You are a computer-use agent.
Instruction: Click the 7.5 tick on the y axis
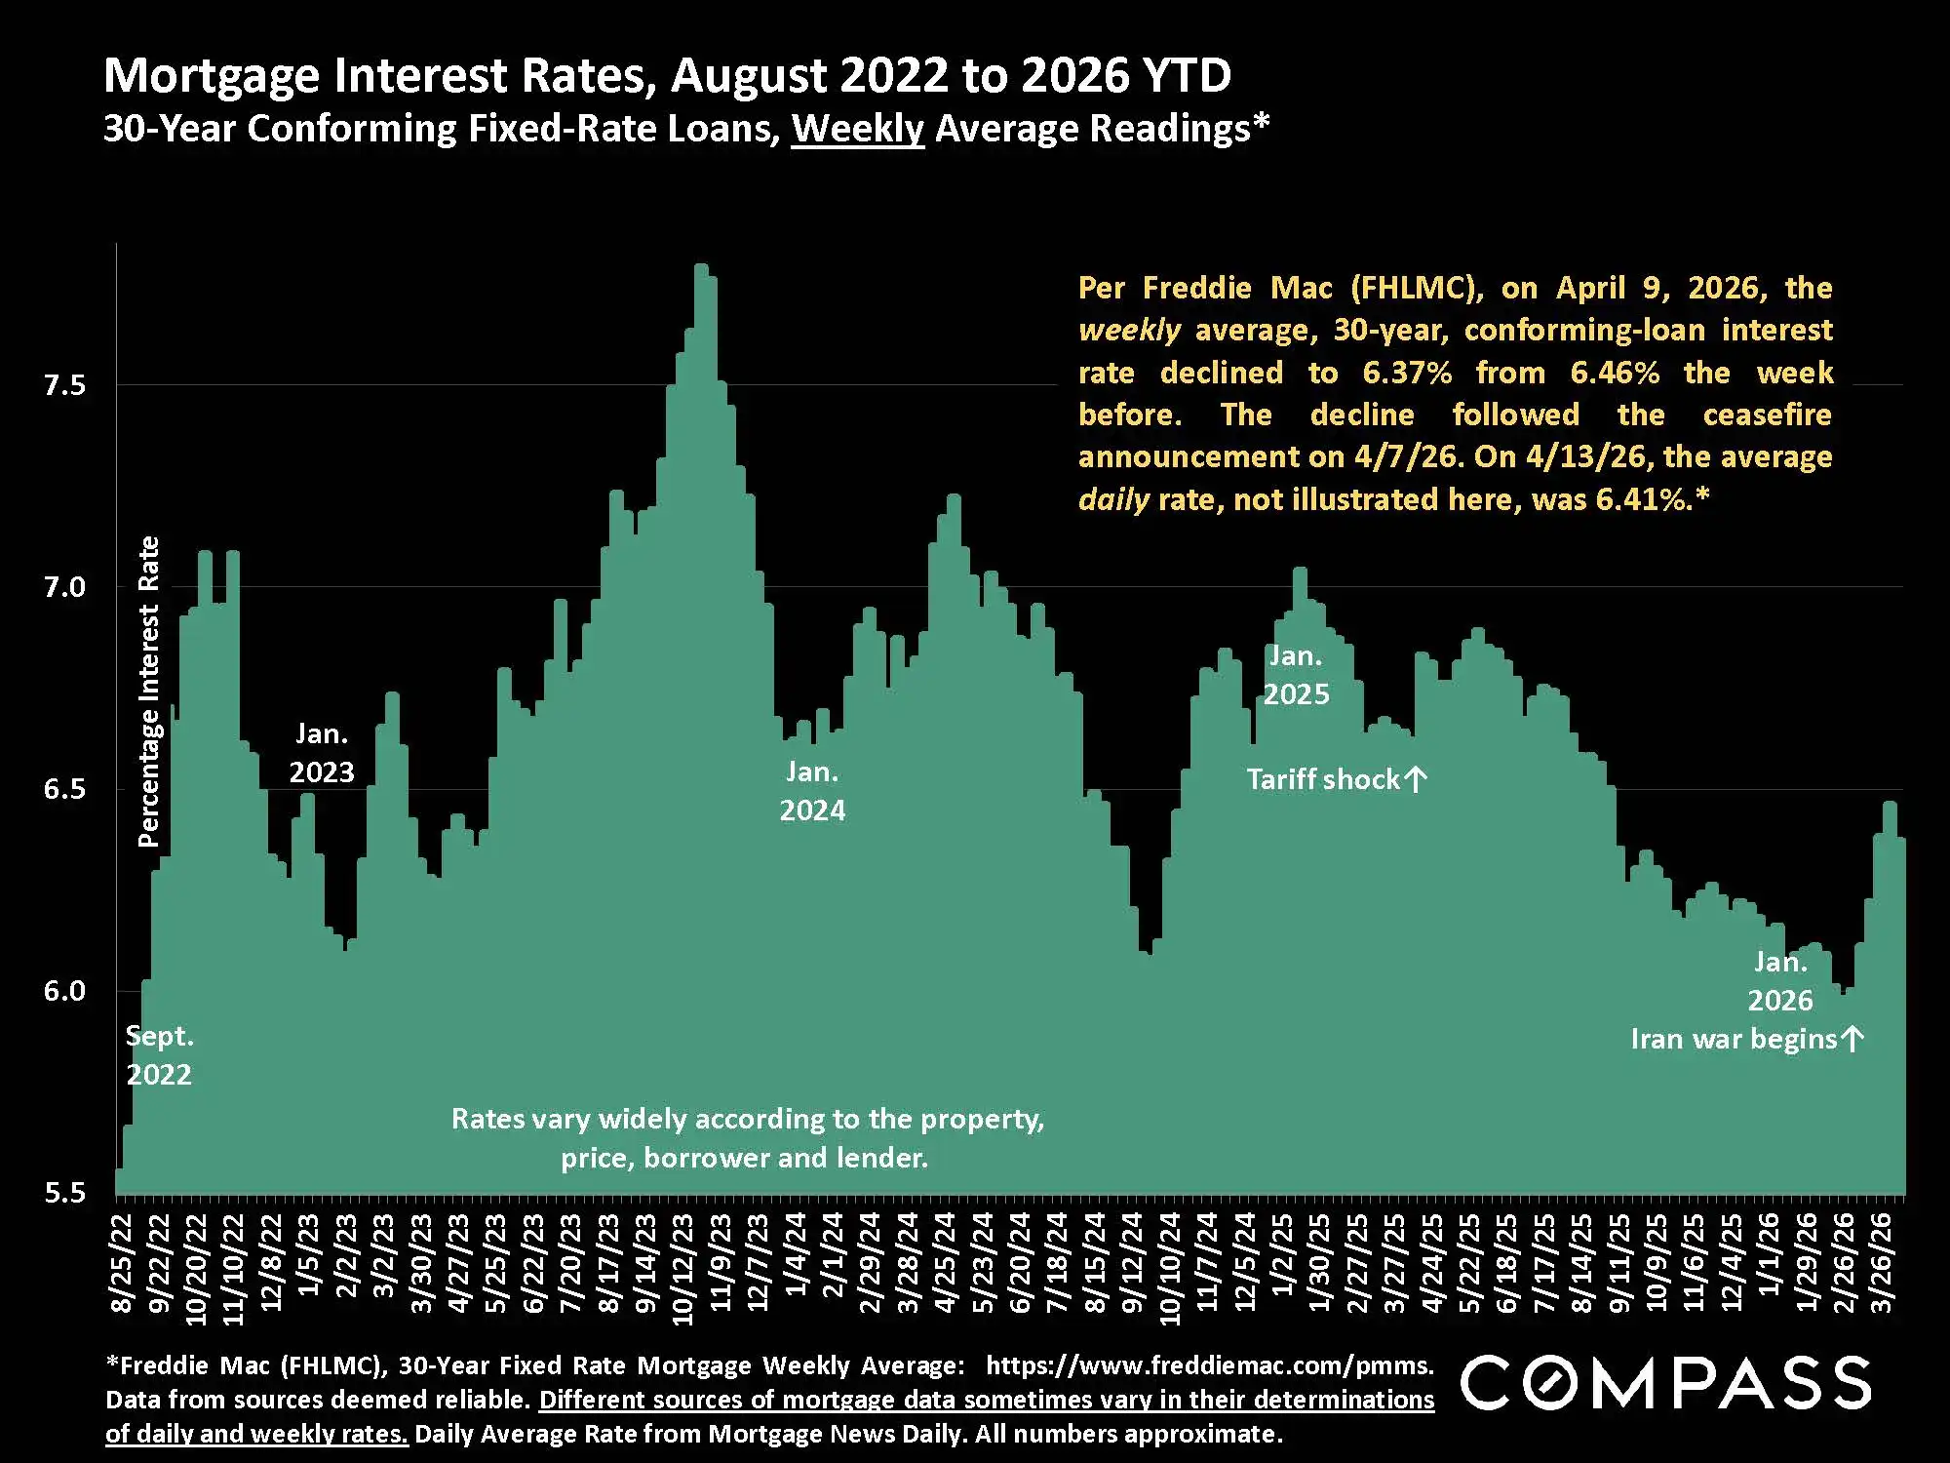(64, 385)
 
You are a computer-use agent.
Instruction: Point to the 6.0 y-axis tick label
(64, 991)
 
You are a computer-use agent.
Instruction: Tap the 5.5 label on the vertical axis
(64, 1193)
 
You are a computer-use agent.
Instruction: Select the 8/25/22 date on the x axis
(124, 1263)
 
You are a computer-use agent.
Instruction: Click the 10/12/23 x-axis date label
(683, 1269)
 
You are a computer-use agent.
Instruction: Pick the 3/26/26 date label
(1882, 1263)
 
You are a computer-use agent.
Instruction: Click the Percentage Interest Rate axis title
(148, 692)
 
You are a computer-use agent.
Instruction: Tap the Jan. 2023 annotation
(322, 753)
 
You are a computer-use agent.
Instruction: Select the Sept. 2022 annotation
(159, 1055)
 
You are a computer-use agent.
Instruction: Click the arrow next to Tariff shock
(1417, 779)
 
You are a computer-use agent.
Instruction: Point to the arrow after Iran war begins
(1852, 1039)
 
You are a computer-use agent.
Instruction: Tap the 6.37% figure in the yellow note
(1407, 373)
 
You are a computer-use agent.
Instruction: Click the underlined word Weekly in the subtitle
(857, 129)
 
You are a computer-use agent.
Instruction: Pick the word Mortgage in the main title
(211, 75)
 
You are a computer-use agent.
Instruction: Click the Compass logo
(1665, 1383)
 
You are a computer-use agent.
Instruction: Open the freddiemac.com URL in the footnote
(1209, 1365)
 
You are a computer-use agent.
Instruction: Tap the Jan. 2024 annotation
(812, 791)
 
